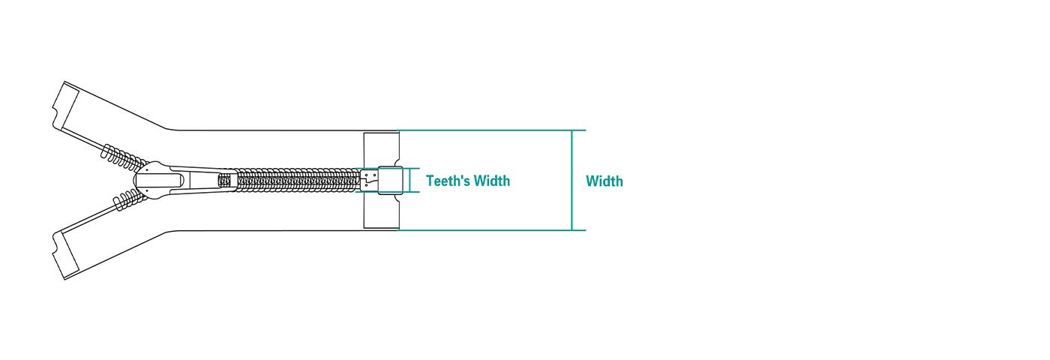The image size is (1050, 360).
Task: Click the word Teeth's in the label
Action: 447,181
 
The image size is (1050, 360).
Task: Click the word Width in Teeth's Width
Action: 492,181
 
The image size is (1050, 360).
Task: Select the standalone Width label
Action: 604,181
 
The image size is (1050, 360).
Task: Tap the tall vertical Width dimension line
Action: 571,181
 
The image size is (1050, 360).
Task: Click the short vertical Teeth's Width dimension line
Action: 411,180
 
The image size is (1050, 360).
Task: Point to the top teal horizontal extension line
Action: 491,130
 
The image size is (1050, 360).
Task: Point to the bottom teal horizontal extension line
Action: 491,230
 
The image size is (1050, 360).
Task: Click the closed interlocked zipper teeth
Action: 298,181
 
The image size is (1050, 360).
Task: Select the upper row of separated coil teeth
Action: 123,157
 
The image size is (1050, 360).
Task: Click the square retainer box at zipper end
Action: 390,180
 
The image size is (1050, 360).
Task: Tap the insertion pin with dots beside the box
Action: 369,180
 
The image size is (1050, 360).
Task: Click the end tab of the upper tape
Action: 66,106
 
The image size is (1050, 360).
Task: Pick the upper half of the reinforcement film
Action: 381,150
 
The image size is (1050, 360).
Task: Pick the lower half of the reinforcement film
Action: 381,211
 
